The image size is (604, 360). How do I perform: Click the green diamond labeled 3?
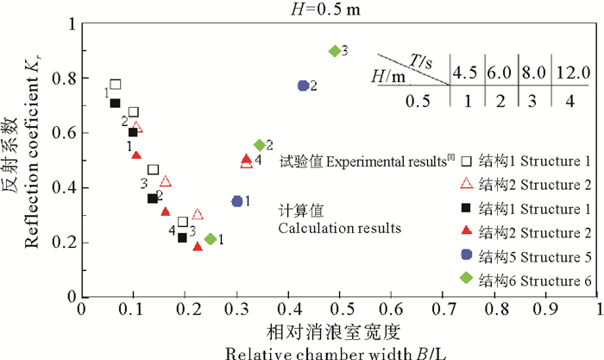click(335, 51)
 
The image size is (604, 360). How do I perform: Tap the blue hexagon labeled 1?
click(237, 201)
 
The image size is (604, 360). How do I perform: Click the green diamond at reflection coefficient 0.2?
click(211, 239)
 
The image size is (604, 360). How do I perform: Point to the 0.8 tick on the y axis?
click(82, 78)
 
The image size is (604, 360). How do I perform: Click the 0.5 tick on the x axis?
click(340, 297)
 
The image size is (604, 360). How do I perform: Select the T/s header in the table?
click(424, 60)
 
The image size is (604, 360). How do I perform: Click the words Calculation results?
click(338, 229)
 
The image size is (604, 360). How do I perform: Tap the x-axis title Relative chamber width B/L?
click(340, 351)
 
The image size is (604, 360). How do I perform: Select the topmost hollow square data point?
click(116, 85)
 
